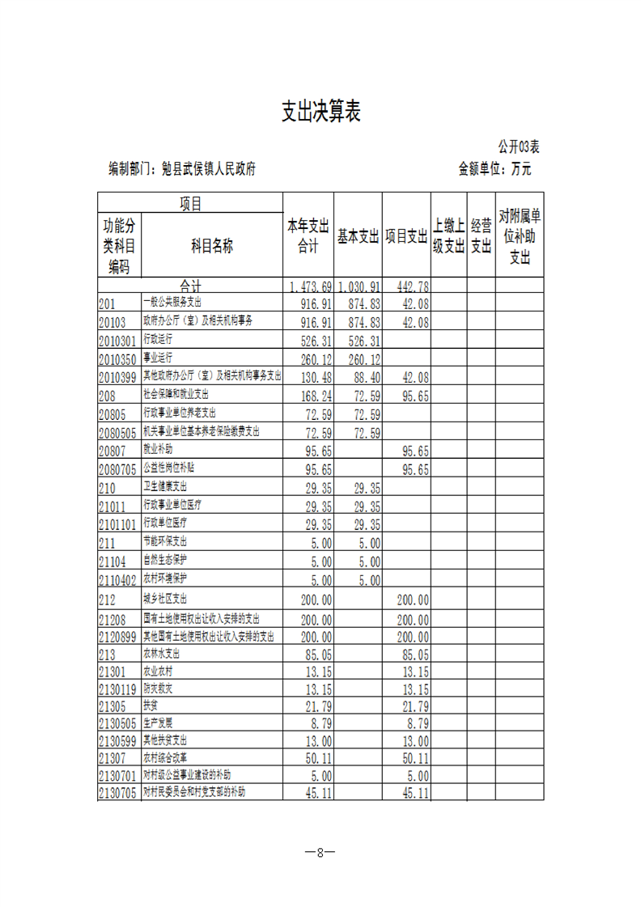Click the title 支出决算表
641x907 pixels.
pyautogui.click(x=320, y=112)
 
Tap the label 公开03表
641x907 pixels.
pyautogui.click(x=519, y=146)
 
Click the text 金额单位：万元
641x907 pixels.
pyautogui.click(x=495, y=169)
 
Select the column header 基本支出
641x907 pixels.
pyautogui.click(x=359, y=235)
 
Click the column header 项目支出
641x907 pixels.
pyautogui.click(x=406, y=235)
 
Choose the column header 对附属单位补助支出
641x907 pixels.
pyautogui.click(x=520, y=235)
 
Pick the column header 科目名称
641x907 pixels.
pyautogui.click(x=212, y=246)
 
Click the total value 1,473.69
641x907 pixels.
pyautogui.click(x=310, y=286)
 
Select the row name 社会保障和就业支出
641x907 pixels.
pyautogui.click(x=176, y=394)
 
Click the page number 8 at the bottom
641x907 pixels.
pyautogui.click(x=320, y=852)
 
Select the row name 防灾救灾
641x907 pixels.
pyautogui.click(x=158, y=689)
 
